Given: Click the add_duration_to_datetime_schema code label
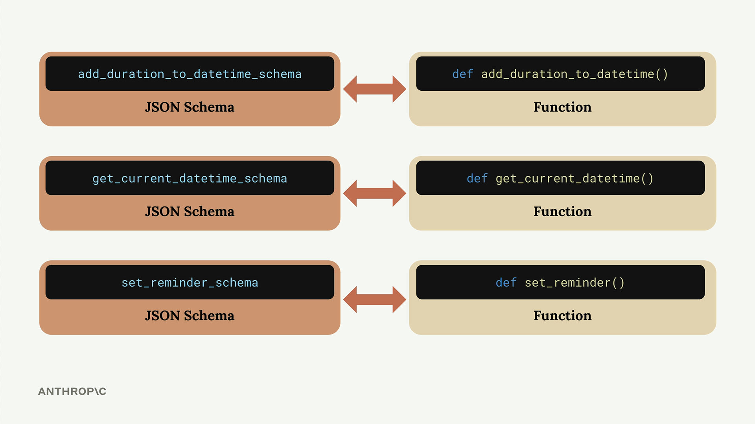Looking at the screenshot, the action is pyautogui.click(x=190, y=74).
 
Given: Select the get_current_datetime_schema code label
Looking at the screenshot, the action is pyautogui.click(x=190, y=179).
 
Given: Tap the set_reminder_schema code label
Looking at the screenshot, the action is pyautogui.click(x=190, y=283).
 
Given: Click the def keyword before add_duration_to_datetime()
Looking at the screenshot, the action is pyautogui.click(x=462, y=74).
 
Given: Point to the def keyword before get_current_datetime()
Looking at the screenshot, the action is pyautogui.click(x=477, y=178).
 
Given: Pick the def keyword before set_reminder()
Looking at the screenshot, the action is pyautogui.click(x=506, y=282).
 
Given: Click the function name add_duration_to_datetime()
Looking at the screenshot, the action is pyautogui.click(x=575, y=74).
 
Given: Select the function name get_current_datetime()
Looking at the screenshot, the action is pyautogui.click(x=575, y=179).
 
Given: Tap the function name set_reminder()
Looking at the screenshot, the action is pyautogui.click(x=575, y=283).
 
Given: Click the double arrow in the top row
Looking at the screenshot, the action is pyautogui.click(x=375, y=89).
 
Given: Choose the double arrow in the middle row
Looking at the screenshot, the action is pyautogui.click(x=375, y=193).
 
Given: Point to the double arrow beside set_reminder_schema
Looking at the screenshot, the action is pyautogui.click(x=375, y=300).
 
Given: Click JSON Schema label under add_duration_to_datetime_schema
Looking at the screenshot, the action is pyautogui.click(x=190, y=107).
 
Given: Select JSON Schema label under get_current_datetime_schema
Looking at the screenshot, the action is pyautogui.click(x=190, y=212).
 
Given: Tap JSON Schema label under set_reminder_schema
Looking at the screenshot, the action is pyautogui.click(x=190, y=316).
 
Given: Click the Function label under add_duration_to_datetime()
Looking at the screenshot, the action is pyautogui.click(x=562, y=107).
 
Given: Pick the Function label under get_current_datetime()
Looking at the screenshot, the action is pyautogui.click(x=562, y=212).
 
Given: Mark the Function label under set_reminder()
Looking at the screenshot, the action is pyautogui.click(x=562, y=316).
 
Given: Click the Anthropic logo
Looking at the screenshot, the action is pyautogui.click(x=72, y=391).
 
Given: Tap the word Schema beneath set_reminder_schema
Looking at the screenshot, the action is pyautogui.click(x=209, y=316).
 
